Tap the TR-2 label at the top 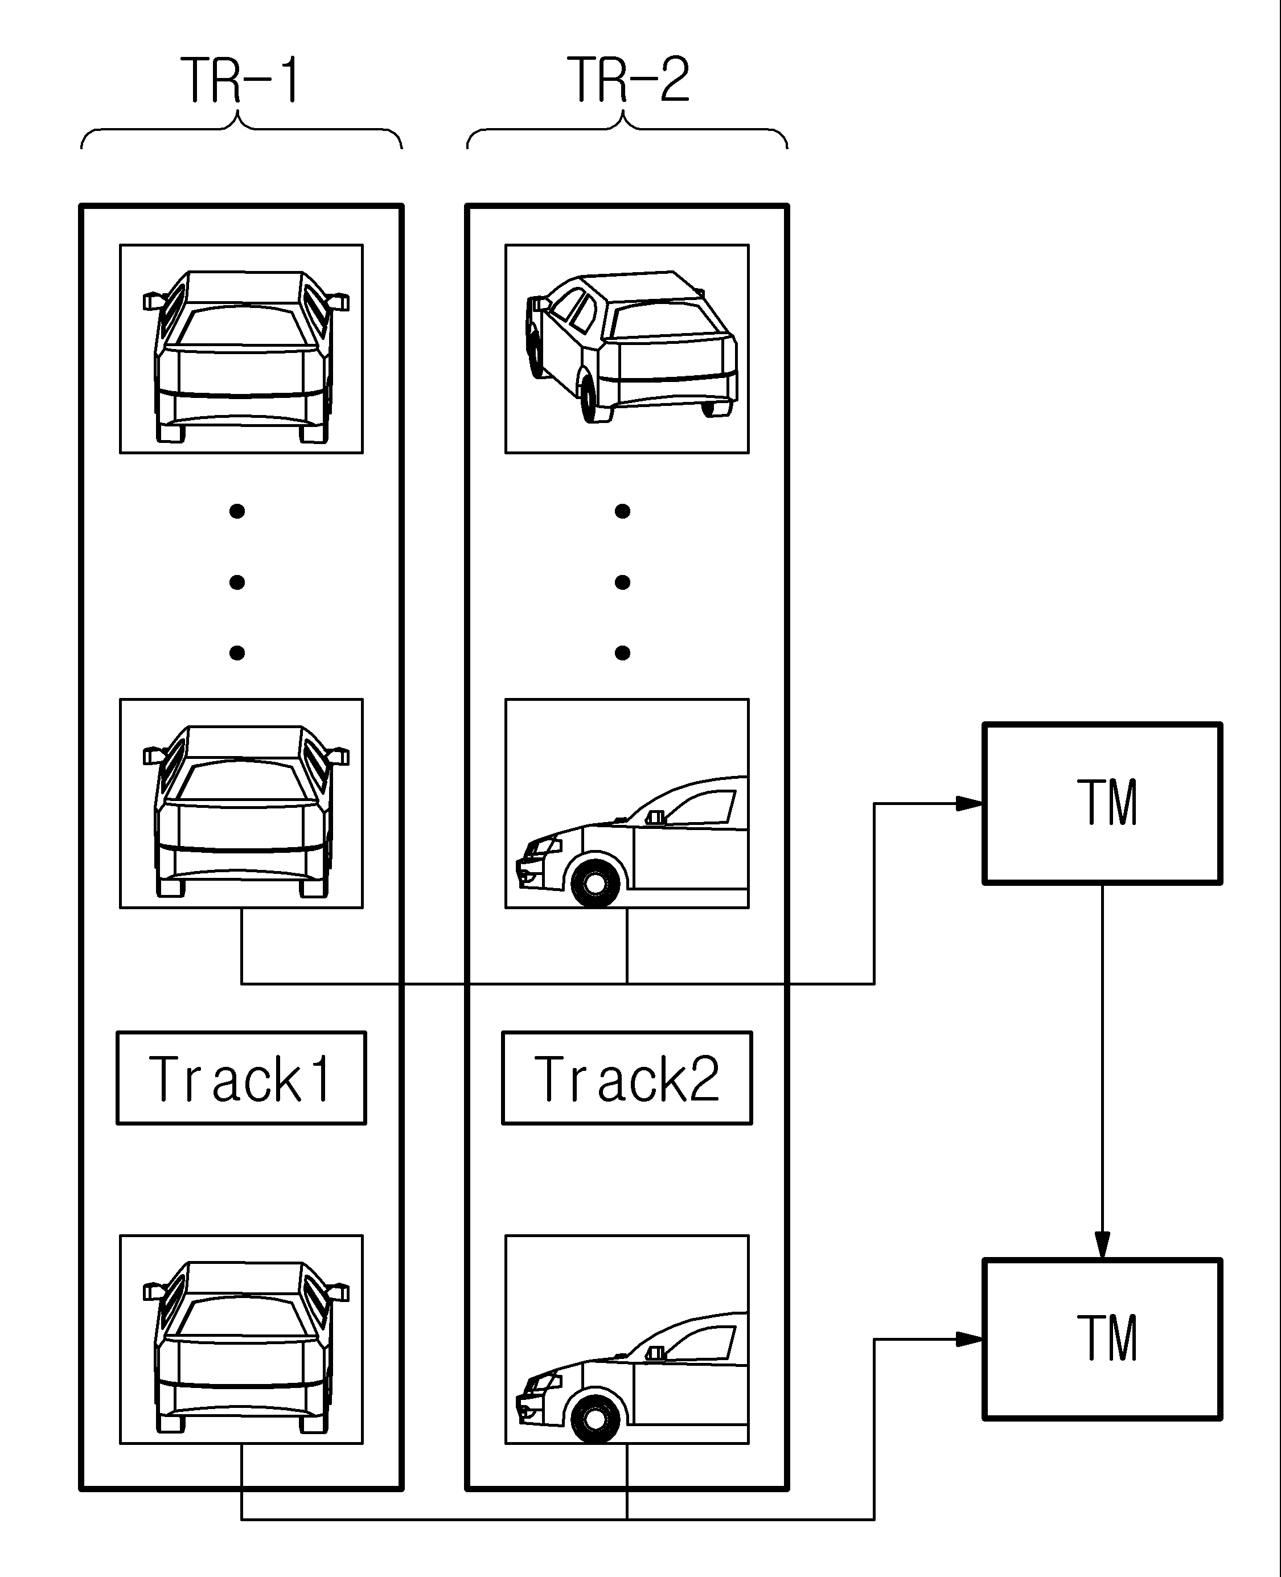(x=628, y=80)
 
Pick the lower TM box (x=1102, y=1340)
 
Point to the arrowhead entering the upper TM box (x=969, y=804)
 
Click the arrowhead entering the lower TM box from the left (x=969, y=1340)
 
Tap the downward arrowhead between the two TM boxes (x=1102, y=1246)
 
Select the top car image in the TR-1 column (x=241, y=349)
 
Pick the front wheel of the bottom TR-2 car (x=595, y=1418)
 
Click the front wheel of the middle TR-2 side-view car (x=595, y=882)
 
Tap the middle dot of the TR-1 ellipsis (x=237, y=582)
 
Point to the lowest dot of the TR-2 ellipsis (x=622, y=652)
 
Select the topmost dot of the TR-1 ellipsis (x=237, y=511)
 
